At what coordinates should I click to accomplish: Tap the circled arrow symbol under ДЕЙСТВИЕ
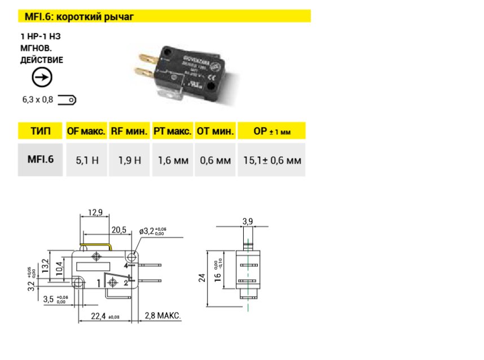point(40,77)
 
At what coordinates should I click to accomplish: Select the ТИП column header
point(40,131)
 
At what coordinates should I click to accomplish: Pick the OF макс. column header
point(86,131)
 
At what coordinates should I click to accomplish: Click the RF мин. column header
point(129,131)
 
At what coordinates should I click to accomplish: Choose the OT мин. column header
point(215,131)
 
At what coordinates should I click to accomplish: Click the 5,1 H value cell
point(86,160)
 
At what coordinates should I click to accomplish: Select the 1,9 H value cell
point(129,160)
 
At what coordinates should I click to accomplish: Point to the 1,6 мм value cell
point(172,160)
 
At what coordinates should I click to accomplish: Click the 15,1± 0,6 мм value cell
point(272,160)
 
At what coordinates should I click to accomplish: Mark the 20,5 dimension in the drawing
point(118,230)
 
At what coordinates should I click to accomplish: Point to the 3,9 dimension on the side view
point(247,221)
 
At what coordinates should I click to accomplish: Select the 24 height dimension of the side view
point(203,277)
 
